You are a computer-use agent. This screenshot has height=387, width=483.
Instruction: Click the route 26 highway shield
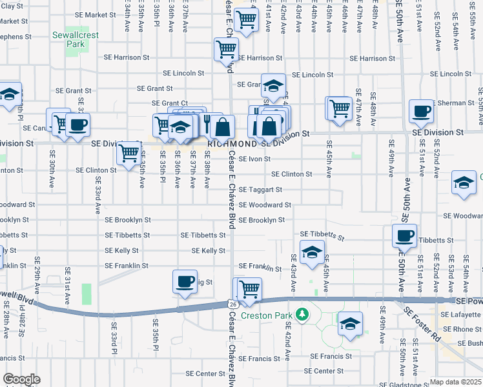232,303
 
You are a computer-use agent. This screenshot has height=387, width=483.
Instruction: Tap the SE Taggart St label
260,190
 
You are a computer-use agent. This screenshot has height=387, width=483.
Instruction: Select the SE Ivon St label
254,159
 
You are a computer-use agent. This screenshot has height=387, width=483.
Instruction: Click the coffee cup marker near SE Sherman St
421,112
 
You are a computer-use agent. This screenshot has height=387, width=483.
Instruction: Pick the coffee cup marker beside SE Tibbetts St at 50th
404,235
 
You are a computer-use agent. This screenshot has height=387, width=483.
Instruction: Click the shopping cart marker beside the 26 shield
249,288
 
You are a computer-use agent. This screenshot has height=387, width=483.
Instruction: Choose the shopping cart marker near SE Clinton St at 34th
129,154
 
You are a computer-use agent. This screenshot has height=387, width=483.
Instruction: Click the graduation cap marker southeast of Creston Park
350,324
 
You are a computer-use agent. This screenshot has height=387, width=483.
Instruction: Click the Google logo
21,379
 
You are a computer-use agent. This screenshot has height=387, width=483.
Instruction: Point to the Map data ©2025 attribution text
455,382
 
